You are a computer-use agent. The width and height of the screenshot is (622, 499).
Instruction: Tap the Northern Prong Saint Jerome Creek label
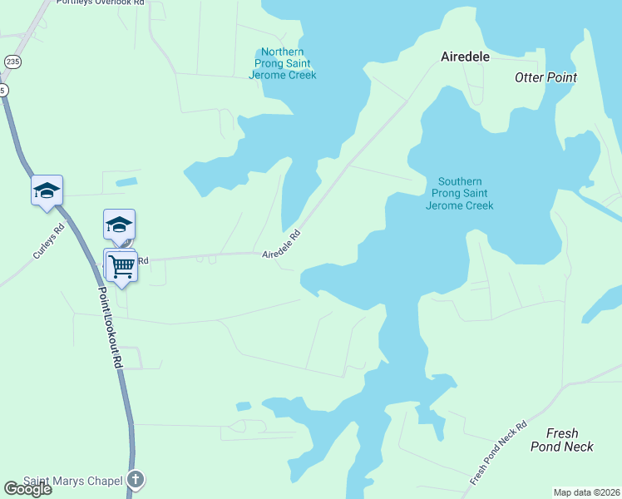click(283, 63)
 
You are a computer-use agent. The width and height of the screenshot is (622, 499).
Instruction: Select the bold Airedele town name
click(464, 57)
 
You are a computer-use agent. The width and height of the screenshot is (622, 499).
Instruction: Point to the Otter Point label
click(545, 77)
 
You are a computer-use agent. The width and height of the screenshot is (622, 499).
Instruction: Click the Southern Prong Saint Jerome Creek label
click(459, 194)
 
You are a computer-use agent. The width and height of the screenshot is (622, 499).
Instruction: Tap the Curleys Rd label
click(48, 241)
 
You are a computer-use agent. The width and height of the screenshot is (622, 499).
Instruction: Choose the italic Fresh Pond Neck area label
click(562, 440)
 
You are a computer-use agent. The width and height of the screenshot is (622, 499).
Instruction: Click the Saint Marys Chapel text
click(72, 480)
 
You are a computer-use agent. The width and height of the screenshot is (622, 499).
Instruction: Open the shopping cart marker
click(122, 266)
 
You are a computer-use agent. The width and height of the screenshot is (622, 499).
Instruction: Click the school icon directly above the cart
click(119, 225)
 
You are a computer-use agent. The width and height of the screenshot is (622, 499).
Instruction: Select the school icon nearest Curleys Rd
click(47, 190)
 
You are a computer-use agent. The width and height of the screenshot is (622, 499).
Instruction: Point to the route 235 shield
click(12, 62)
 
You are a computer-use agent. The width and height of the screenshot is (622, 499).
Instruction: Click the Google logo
click(27, 488)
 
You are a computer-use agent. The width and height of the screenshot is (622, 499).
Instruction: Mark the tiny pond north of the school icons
click(126, 181)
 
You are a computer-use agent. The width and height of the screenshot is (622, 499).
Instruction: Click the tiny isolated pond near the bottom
click(243, 407)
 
